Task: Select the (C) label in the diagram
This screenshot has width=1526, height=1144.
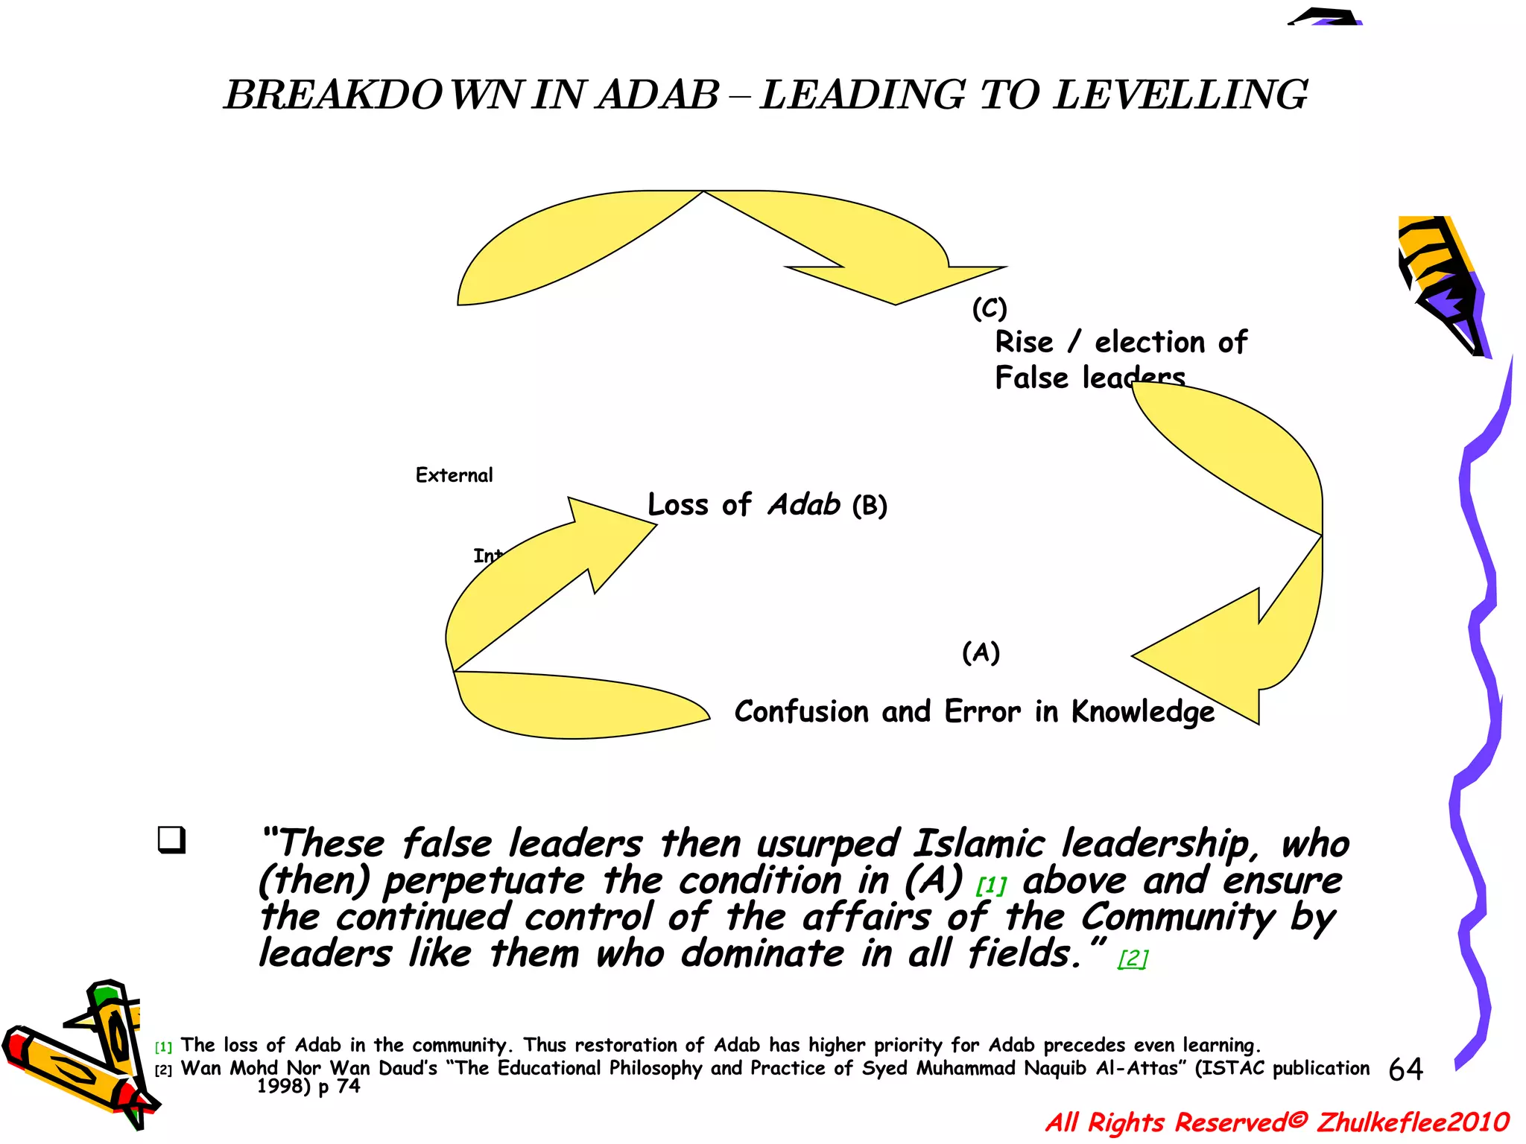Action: pos(990,308)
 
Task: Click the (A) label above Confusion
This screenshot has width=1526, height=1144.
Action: pos(981,652)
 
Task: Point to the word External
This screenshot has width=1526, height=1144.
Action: pos(454,475)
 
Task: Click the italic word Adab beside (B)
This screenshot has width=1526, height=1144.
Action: pos(804,505)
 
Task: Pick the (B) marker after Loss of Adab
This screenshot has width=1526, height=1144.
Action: pos(870,506)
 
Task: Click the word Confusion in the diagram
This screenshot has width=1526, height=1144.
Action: pos(801,712)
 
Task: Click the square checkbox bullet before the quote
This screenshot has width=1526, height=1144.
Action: pos(171,840)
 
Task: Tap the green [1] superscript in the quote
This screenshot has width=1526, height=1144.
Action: pos(991,886)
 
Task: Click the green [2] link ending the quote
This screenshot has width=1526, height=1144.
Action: pos(1133,958)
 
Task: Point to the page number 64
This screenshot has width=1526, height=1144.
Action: pos(1405,1070)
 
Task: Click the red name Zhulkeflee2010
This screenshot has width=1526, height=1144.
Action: pos(1413,1122)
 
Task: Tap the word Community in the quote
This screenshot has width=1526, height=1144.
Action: pos(1177,918)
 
